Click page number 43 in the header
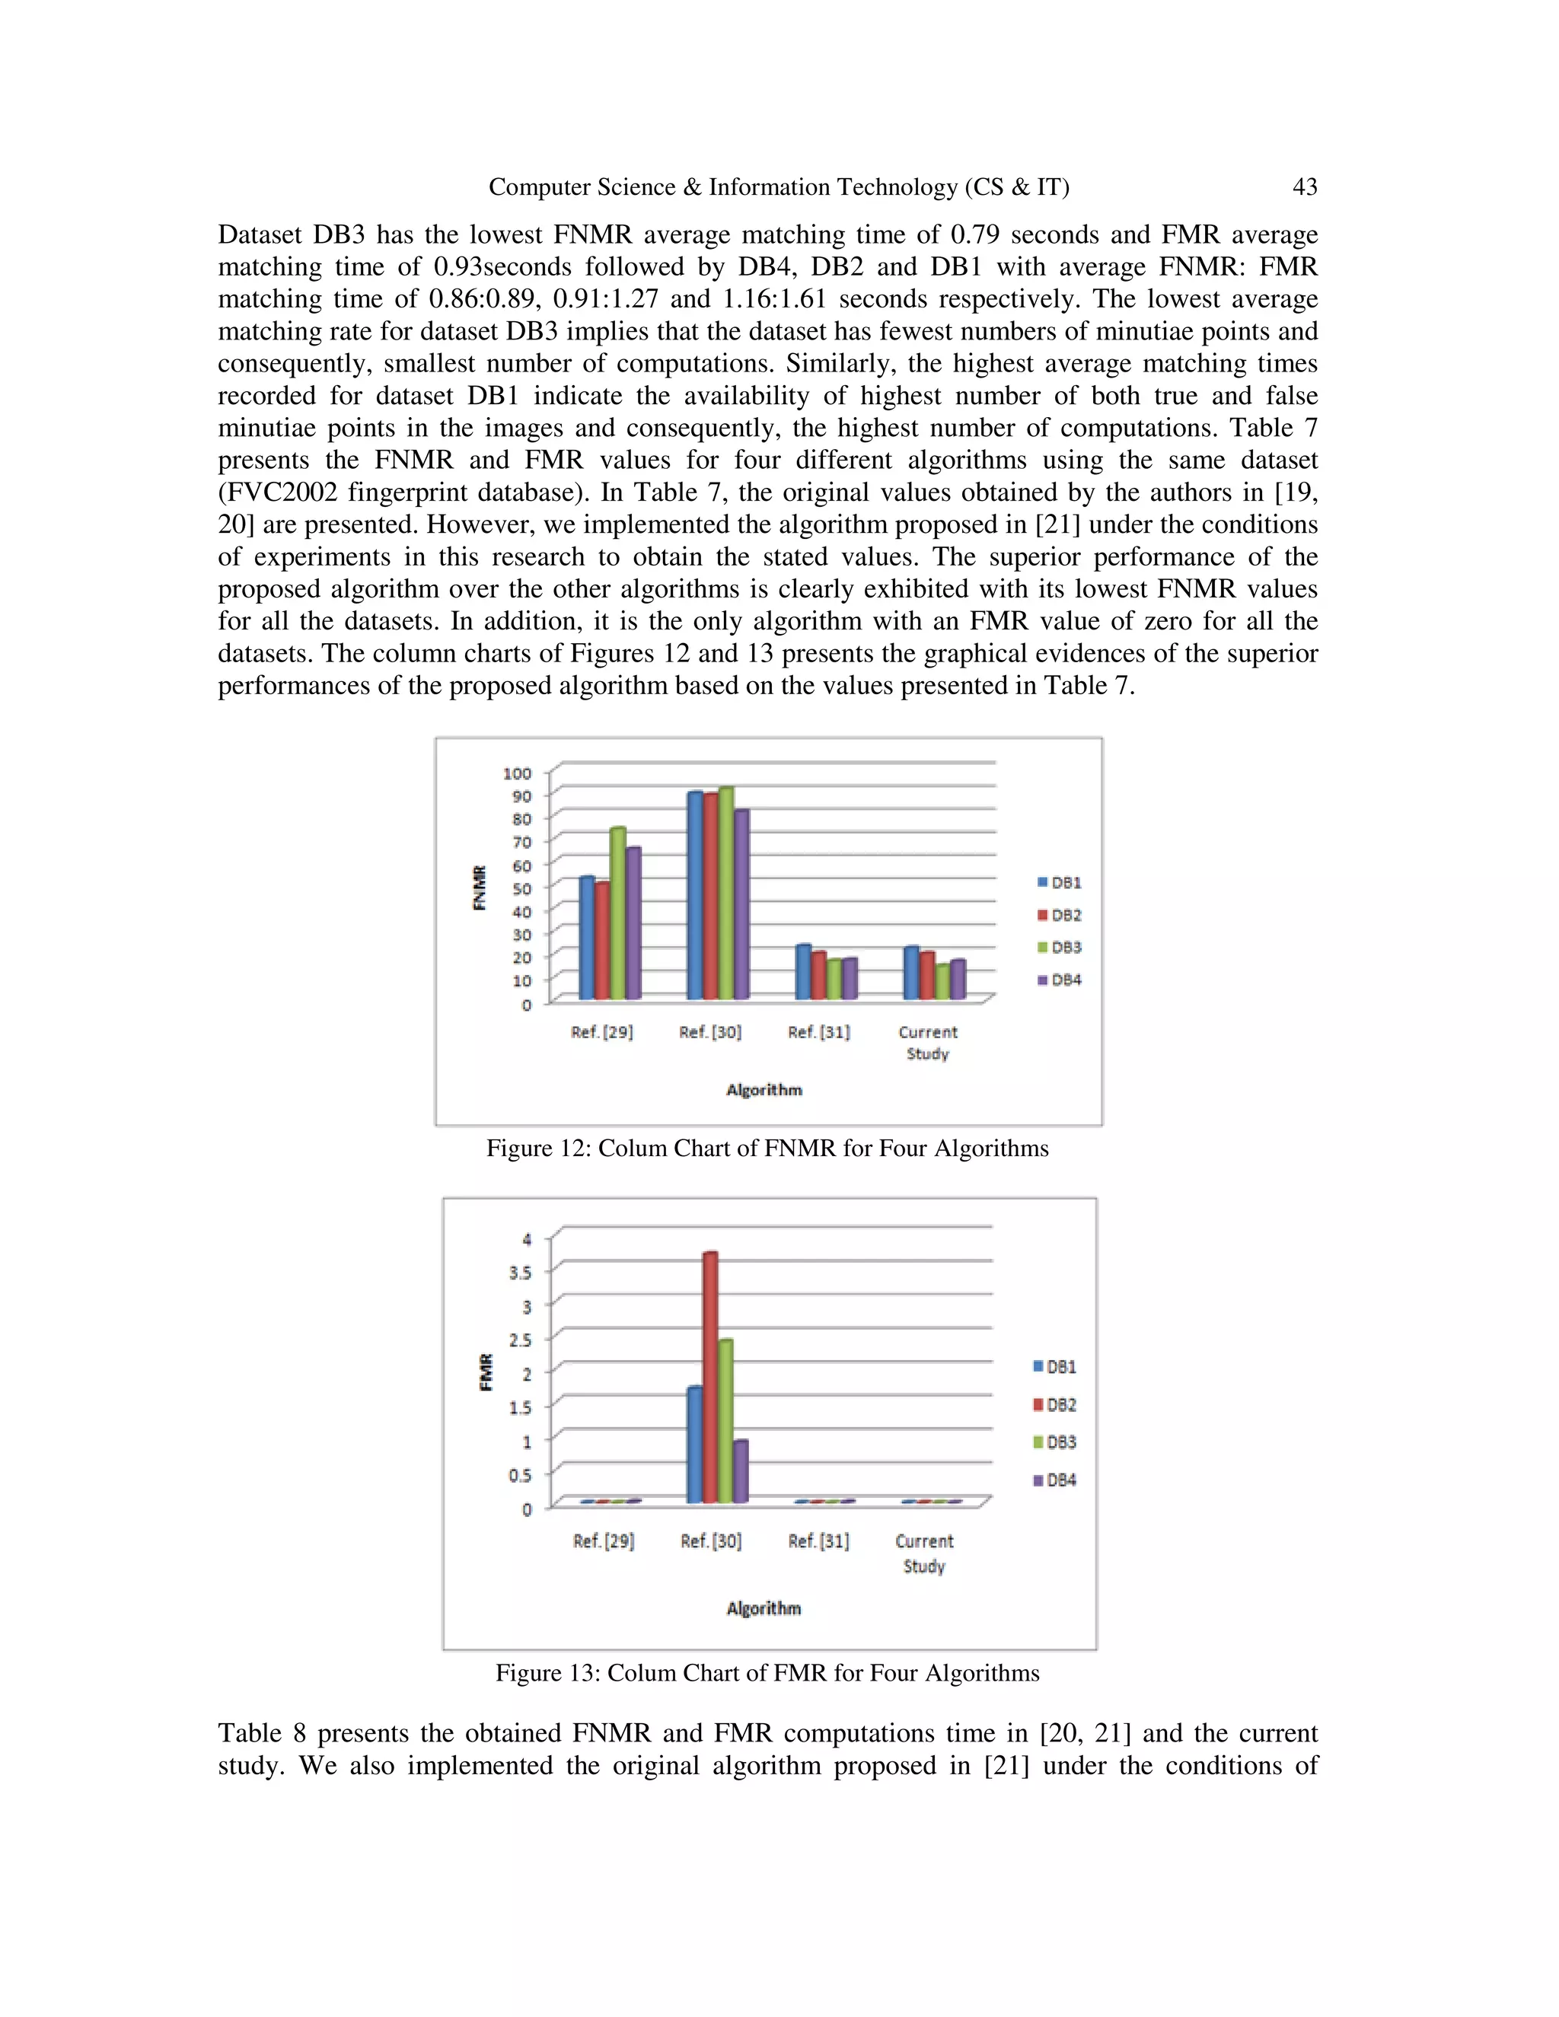click(x=1303, y=187)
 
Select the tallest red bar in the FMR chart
click(x=709, y=1376)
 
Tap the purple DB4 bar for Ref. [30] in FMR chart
click(x=741, y=1471)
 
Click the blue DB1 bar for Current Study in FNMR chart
click(x=910, y=973)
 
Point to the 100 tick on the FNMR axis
click(x=517, y=773)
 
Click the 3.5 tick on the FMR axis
click(x=520, y=1273)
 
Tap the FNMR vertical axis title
click(x=480, y=887)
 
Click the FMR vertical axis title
click(x=486, y=1372)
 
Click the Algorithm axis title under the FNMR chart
click(x=764, y=1090)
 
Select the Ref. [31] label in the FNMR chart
click(x=818, y=1033)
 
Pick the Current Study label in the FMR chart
click(x=923, y=1553)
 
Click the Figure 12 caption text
click(x=767, y=1149)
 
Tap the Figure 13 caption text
click(x=767, y=1674)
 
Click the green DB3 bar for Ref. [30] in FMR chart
click(x=725, y=1420)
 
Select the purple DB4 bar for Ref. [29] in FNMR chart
click(x=633, y=923)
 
